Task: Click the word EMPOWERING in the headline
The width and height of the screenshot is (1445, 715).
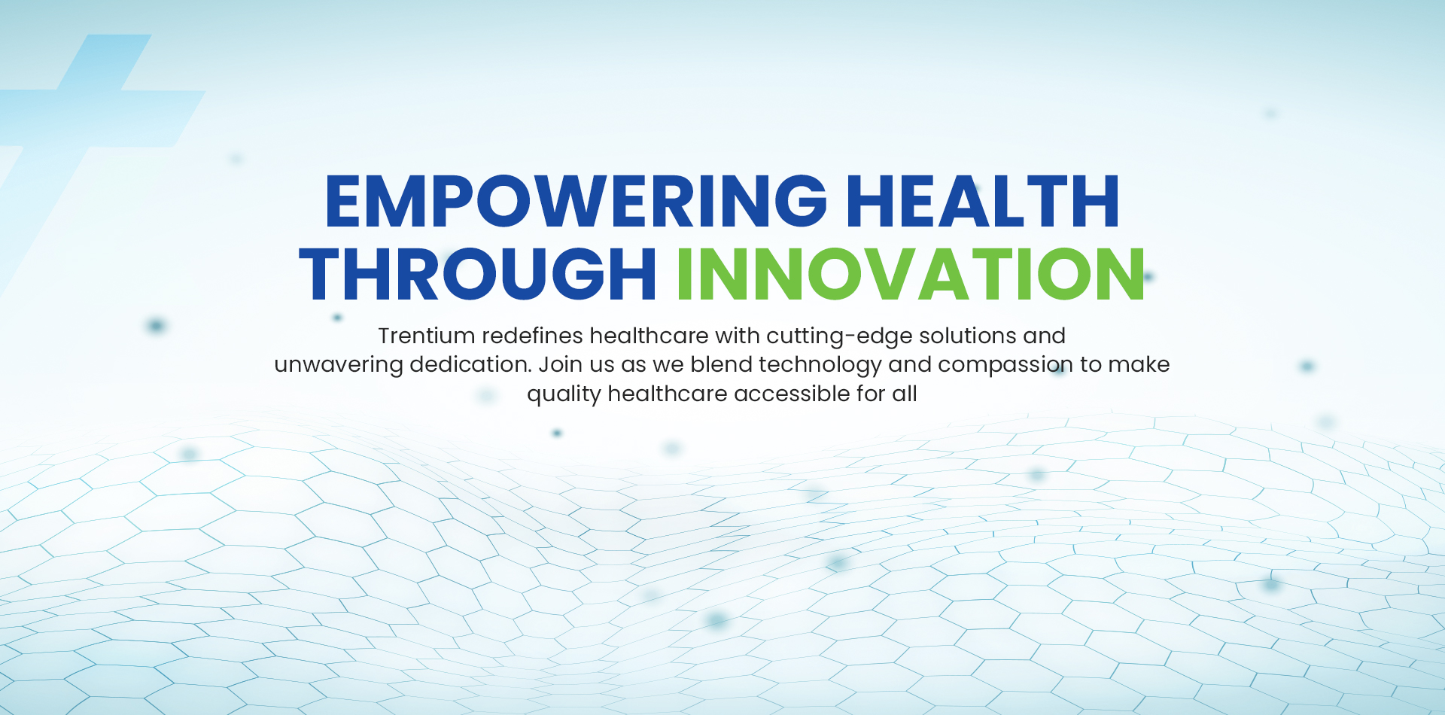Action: click(x=576, y=201)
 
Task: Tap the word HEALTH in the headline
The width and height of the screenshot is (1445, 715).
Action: click(x=983, y=201)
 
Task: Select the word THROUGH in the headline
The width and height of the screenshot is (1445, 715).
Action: click(x=478, y=274)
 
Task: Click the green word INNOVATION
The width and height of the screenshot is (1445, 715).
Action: click(x=911, y=274)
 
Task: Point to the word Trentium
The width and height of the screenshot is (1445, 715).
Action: click(x=426, y=336)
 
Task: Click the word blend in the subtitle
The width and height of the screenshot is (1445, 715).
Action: click(x=721, y=364)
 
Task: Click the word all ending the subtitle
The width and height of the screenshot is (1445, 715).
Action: click(x=905, y=394)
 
